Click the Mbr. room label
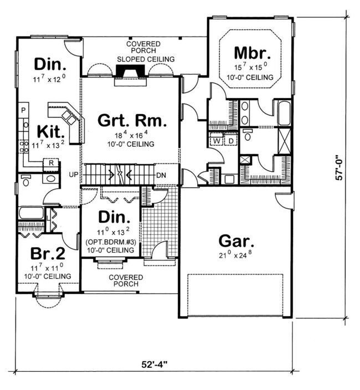252,54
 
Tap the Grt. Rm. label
131,120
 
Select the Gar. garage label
236,242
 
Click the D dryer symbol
230,142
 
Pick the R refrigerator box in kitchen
51,163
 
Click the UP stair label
73,174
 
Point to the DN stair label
161,175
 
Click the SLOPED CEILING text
145,59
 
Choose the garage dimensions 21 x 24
236,256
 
